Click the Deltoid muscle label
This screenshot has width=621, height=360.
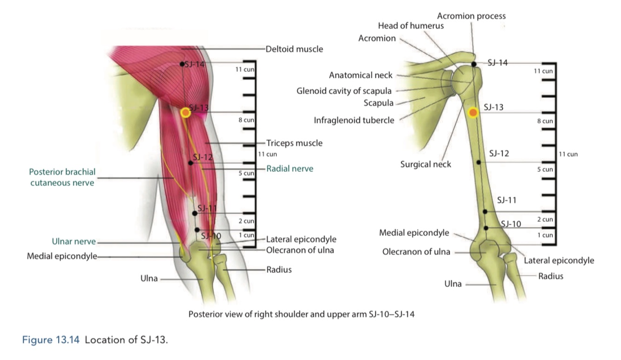click(x=294, y=49)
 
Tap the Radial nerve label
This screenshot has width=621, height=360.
click(x=290, y=169)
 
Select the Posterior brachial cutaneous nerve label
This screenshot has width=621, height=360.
click(x=62, y=177)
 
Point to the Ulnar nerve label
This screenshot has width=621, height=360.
click(x=74, y=241)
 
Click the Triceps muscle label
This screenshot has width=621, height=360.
click(x=294, y=143)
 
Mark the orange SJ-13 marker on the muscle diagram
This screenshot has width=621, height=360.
click(x=186, y=112)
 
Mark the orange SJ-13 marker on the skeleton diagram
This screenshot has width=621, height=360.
click(x=473, y=112)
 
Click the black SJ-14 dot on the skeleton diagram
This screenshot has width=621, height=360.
click(x=474, y=64)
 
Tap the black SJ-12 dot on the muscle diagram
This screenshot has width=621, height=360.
click(x=190, y=163)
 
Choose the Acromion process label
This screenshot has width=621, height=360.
click(x=471, y=16)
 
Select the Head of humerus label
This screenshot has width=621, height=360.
click(x=411, y=26)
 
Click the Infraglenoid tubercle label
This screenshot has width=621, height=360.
click(x=354, y=121)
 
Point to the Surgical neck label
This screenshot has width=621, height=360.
click(x=425, y=164)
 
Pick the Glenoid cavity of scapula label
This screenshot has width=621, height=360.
click(x=344, y=91)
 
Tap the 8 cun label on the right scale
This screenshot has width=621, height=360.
click(x=547, y=121)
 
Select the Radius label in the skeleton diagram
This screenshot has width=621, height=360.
click(x=551, y=276)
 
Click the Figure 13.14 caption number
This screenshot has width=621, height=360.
click(x=51, y=340)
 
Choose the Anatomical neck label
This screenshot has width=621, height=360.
click(x=361, y=75)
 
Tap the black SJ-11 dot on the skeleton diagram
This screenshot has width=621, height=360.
click(x=485, y=211)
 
